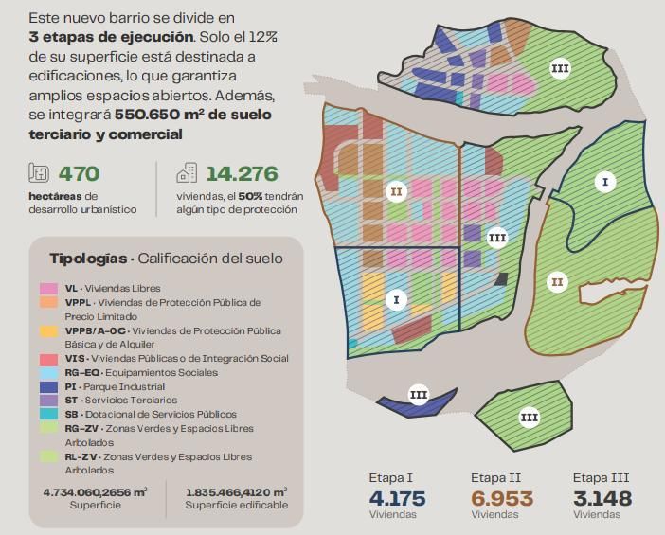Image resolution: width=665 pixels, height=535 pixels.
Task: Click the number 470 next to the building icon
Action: [79, 173]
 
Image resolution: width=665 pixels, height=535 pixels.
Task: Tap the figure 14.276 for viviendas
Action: [242, 173]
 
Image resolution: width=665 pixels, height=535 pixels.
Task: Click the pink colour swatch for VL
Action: [47, 288]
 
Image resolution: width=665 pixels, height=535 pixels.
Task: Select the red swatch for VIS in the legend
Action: [47, 359]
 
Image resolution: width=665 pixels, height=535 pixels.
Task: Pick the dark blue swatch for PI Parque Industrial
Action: [47, 386]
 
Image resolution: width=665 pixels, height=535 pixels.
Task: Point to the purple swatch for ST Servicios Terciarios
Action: [47, 401]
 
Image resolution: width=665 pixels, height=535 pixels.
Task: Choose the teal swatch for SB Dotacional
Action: [47, 415]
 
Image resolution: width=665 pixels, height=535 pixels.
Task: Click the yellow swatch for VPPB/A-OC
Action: [47, 330]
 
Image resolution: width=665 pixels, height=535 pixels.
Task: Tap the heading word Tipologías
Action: [88, 259]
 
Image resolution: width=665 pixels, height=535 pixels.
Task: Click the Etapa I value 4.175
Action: [397, 498]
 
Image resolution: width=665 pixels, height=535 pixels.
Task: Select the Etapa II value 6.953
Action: [501, 498]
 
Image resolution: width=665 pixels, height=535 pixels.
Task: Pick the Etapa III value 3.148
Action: [602, 498]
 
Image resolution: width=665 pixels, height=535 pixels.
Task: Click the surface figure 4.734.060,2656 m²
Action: [95, 491]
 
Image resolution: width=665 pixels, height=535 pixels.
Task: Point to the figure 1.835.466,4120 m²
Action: [236, 491]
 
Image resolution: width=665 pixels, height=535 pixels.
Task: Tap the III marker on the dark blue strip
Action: [419, 395]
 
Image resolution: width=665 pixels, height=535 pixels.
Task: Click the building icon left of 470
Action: [39, 173]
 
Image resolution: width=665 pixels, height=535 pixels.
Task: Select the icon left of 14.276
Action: [187, 173]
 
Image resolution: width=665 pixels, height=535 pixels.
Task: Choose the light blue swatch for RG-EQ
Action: [47, 372]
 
